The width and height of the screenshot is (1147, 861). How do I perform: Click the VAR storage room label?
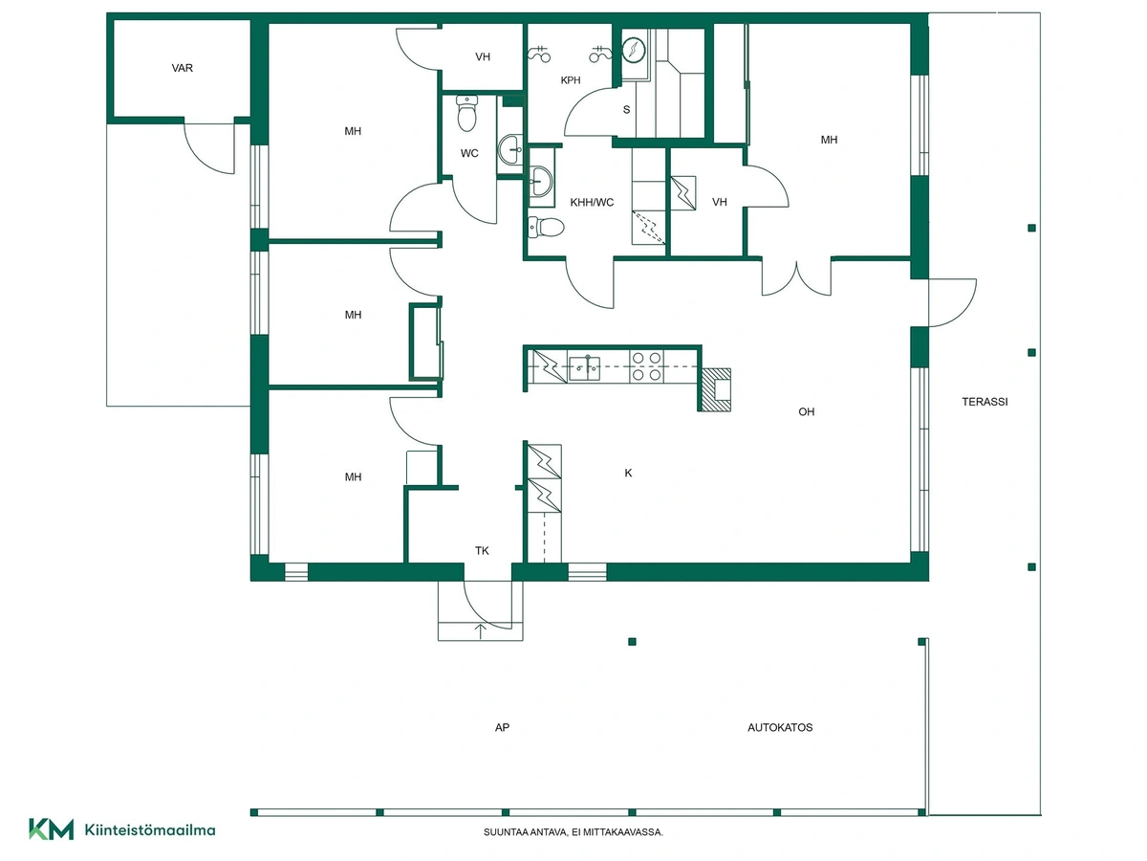182,68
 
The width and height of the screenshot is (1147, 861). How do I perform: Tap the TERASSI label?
985,402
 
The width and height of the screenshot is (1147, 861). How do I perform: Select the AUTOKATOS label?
780,727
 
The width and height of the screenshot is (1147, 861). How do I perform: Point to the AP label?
502,727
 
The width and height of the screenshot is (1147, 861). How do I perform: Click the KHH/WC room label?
592,202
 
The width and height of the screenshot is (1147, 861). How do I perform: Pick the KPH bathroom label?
571,80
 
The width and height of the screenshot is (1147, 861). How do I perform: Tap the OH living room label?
807,412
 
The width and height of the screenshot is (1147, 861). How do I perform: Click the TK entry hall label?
482,550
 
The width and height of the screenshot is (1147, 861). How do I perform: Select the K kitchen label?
628,474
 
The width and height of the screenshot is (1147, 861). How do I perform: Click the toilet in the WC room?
466,113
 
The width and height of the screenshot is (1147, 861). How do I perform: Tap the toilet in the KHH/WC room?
546,228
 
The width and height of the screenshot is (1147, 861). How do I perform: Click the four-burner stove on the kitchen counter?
646,366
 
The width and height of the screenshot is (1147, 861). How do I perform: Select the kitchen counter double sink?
584,368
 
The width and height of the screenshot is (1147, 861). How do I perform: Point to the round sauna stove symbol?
634,50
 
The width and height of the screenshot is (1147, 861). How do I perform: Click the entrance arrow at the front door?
480,631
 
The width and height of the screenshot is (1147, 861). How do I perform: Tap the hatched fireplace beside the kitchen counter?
716,389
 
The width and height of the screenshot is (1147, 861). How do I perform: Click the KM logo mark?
52,829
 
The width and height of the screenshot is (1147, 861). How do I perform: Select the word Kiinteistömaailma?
150,830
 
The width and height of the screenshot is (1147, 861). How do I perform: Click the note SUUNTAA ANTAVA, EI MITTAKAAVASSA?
573,832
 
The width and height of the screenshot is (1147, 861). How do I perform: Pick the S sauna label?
626,110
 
